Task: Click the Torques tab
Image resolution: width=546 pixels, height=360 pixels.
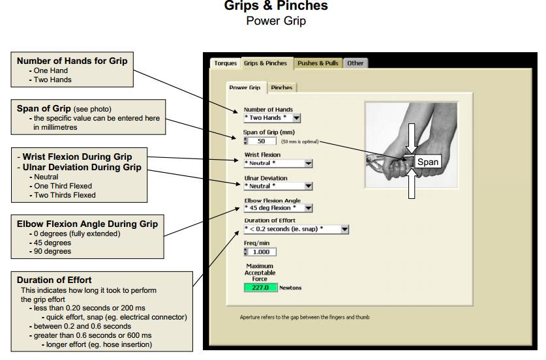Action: tap(225, 63)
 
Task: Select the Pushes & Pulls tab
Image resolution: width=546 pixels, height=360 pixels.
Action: tap(318, 63)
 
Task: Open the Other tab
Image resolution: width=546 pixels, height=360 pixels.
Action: tap(356, 63)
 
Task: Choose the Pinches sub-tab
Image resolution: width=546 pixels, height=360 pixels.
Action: tap(282, 87)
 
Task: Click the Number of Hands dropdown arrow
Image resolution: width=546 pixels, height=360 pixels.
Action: tap(296, 118)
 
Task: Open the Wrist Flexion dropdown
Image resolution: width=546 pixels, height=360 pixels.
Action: tap(308, 164)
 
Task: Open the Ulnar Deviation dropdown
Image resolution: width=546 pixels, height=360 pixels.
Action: tap(308, 186)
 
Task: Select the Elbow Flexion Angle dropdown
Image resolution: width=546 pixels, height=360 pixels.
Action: tap(308, 208)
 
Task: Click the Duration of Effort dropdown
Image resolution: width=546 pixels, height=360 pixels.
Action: tap(344, 230)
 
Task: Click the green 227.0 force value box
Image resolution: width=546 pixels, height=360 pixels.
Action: tap(260, 287)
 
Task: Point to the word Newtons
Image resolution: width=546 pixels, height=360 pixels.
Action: tap(290, 287)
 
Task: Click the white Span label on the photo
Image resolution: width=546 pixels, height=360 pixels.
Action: tap(428, 162)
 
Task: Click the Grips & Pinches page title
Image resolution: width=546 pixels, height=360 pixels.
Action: tap(276, 7)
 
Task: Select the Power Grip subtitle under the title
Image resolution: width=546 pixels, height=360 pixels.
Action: tap(276, 21)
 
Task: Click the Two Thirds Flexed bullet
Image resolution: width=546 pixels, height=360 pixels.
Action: tap(65, 195)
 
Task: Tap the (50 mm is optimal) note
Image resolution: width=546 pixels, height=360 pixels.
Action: tap(300, 141)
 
